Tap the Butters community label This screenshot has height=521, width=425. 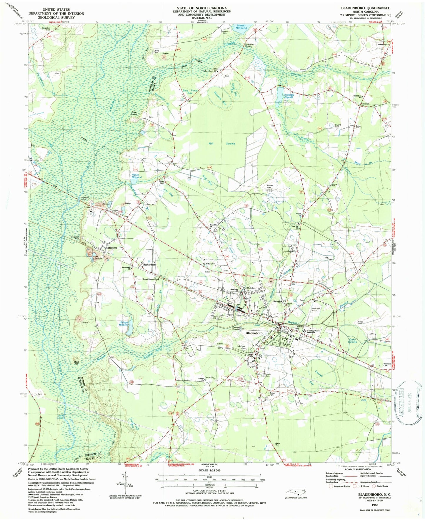(x=112, y=248)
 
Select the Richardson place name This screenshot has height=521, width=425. (x=149, y=264)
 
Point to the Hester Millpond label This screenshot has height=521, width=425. (x=242, y=27)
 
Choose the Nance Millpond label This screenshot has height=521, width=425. (x=136, y=176)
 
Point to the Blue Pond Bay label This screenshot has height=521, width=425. (x=189, y=92)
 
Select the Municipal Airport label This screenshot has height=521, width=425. (x=317, y=309)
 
